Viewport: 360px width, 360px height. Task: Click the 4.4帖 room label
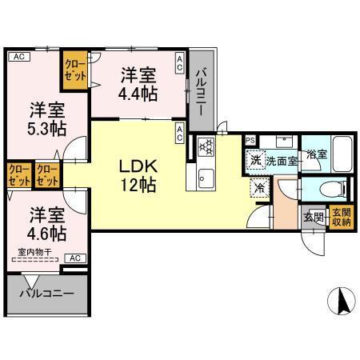(138, 84)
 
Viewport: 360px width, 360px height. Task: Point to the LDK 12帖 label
(138, 174)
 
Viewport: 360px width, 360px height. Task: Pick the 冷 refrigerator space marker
(260, 188)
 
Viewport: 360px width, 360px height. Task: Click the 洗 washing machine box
(255, 160)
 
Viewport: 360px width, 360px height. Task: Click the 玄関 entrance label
(313, 217)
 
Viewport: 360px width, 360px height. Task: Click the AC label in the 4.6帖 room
(74, 258)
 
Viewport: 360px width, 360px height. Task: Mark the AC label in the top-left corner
(18, 57)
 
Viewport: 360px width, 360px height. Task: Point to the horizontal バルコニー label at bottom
(46, 294)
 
